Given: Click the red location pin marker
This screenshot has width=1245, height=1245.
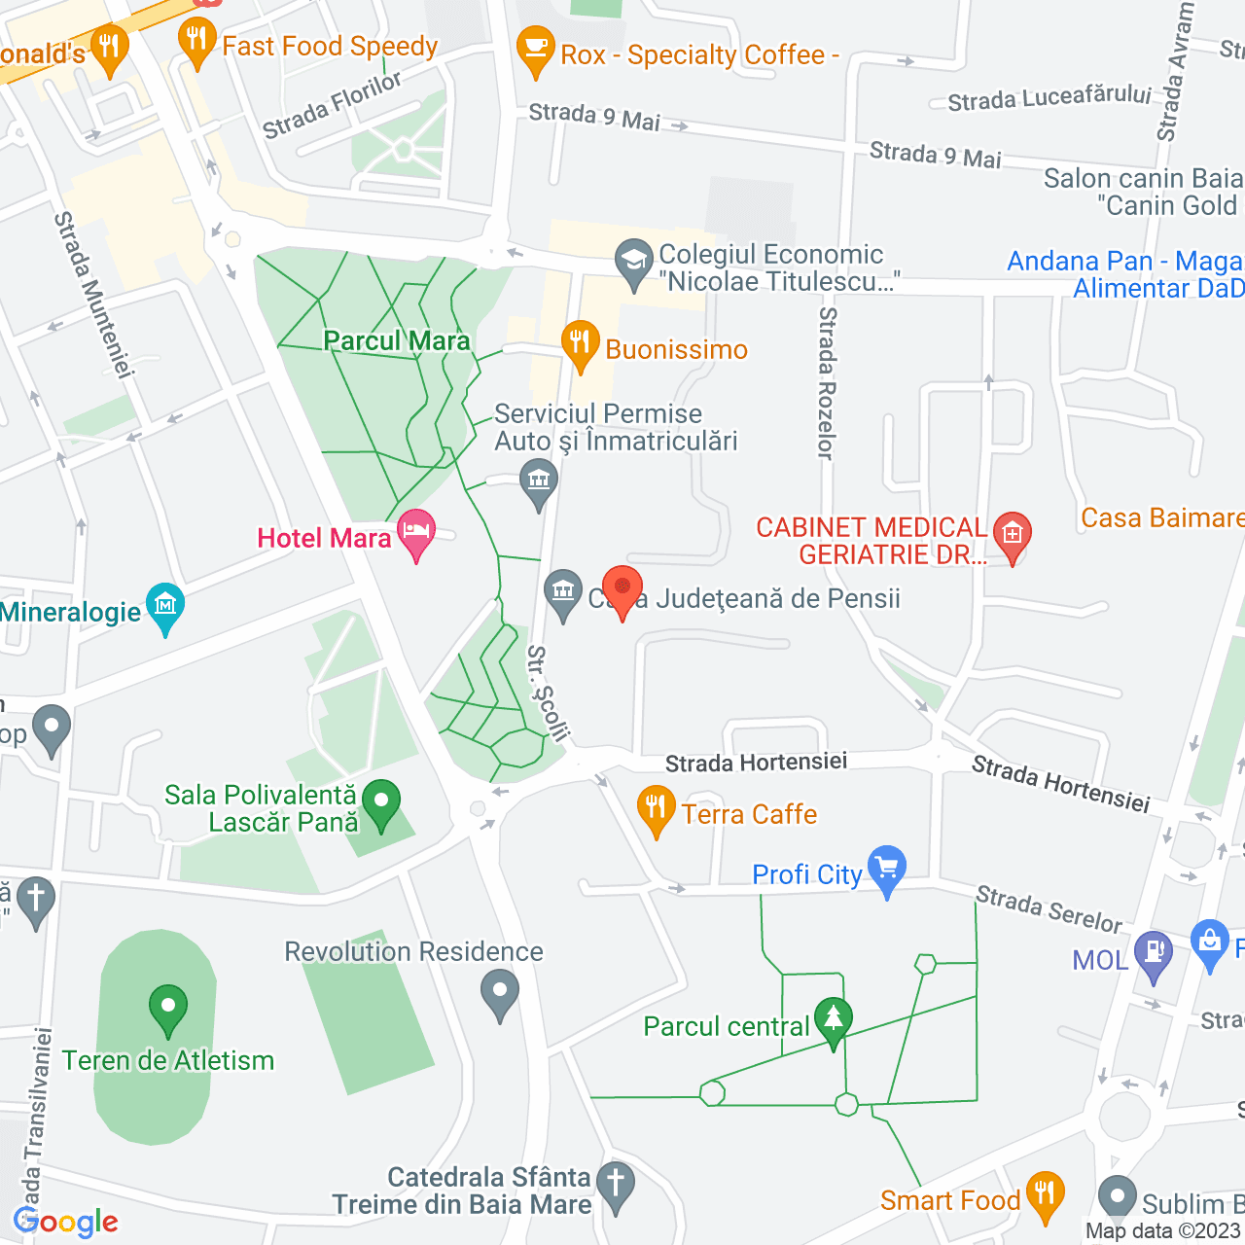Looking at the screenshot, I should coord(622,589).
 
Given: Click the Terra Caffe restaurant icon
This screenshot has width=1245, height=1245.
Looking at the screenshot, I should coord(656,808).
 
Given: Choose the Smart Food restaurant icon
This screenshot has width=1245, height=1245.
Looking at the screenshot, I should coord(1045,1194).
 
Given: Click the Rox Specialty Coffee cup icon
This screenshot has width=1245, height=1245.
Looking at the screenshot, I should coord(535,49).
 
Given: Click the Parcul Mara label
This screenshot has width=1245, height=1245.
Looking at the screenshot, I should coord(397,340).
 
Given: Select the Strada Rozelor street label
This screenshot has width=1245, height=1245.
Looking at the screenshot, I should coord(827,383).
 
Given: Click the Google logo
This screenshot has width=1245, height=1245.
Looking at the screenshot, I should coord(66,1222).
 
